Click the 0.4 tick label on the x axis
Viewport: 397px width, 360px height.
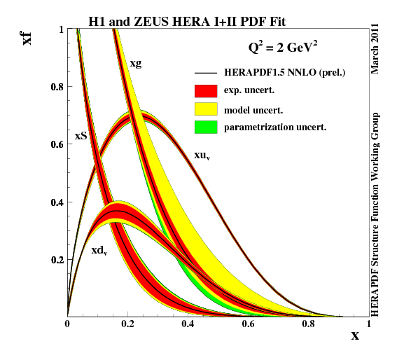[x=188, y=324]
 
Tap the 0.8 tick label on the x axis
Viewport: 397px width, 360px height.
[x=307, y=324]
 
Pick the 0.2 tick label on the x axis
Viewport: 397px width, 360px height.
[x=127, y=324]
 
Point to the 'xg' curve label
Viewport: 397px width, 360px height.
[x=137, y=64]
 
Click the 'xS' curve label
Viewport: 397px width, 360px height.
[x=81, y=136]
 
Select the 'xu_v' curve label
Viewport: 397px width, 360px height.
[x=202, y=155]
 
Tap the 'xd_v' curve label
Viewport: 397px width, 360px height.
[x=99, y=250]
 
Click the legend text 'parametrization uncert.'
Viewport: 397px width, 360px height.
[x=276, y=127]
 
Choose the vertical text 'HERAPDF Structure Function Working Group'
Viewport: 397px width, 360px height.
[x=376, y=213]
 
